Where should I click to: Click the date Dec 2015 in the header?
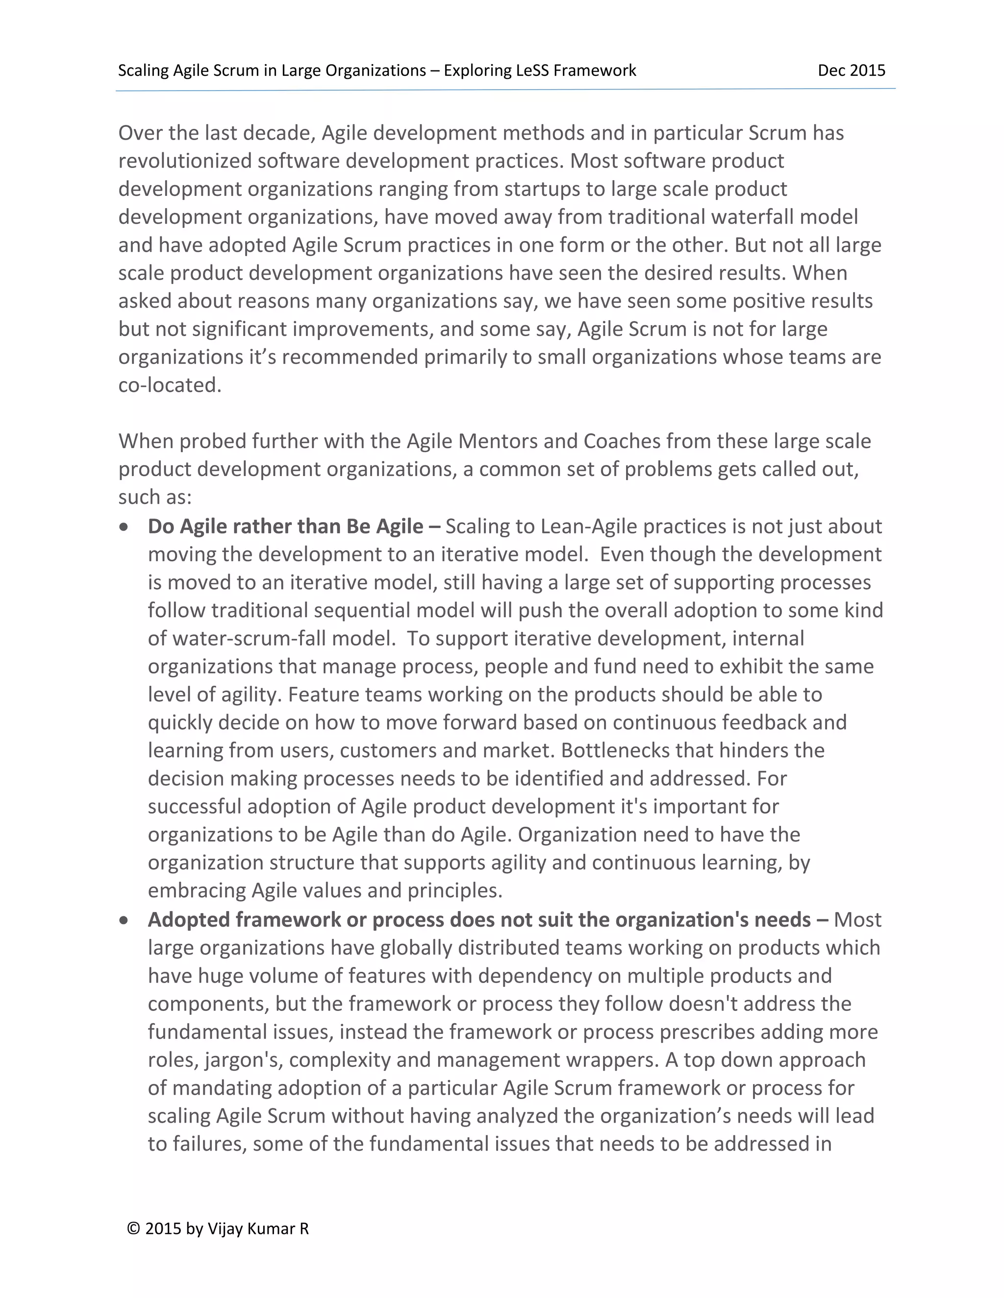[851, 71]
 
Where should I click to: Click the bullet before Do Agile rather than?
[124, 527]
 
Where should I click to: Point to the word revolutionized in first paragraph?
[185, 161]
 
